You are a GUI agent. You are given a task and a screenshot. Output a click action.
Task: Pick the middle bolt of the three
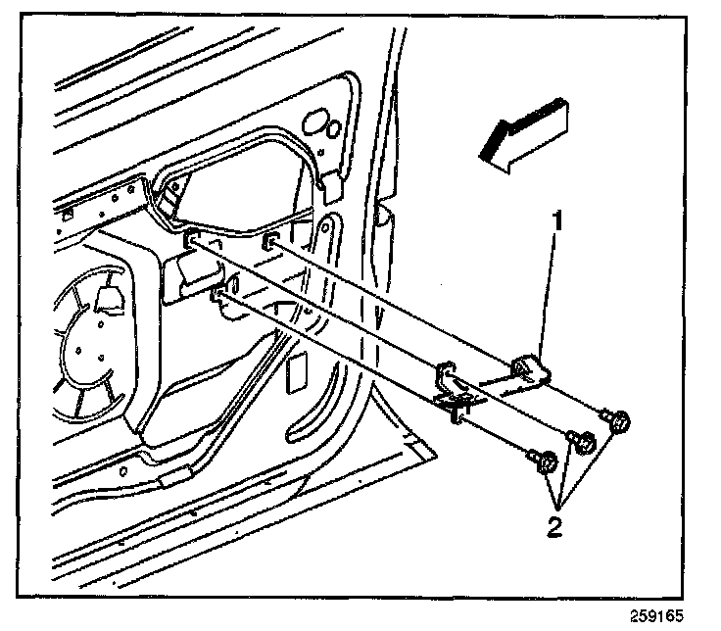point(578,442)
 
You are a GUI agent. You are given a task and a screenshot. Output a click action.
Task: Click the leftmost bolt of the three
point(544,459)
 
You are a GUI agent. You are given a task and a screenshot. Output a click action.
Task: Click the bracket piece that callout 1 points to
point(531,370)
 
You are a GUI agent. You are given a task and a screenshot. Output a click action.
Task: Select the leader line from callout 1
point(549,294)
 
